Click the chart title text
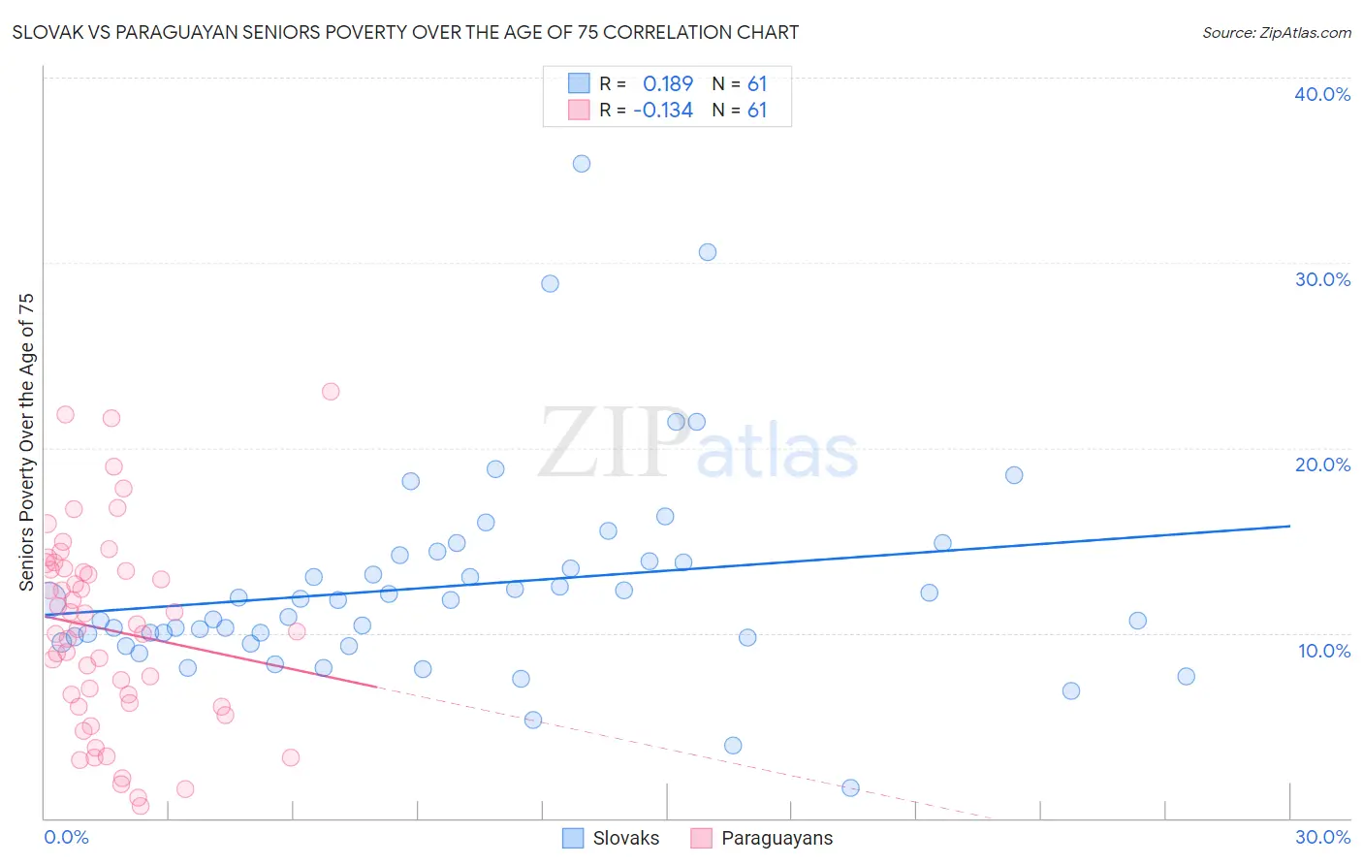click(x=405, y=32)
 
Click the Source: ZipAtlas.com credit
click(x=1276, y=32)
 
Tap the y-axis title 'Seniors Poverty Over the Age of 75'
click(x=26, y=441)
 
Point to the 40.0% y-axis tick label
click(x=1322, y=94)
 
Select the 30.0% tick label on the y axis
click(x=1322, y=279)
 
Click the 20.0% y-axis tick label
click(x=1322, y=465)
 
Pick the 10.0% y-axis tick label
click(x=1322, y=651)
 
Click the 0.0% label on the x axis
click(x=66, y=837)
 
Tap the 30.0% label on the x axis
click(x=1322, y=837)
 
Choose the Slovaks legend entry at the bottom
click(x=612, y=838)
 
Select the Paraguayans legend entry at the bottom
click(x=762, y=838)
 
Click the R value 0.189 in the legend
click(x=668, y=84)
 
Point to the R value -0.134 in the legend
click(x=663, y=111)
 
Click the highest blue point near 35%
click(x=582, y=164)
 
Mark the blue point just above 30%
click(x=708, y=252)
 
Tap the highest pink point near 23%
click(x=331, y=392)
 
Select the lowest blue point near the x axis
click(x=850, y=787)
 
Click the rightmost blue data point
click(x=1186, y=676)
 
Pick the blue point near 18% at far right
click(x=1014, y=475)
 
